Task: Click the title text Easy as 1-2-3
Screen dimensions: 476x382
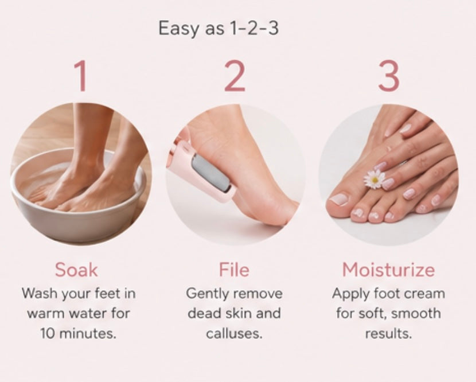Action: click(x=219, y=28)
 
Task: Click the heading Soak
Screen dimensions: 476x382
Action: click(x=76, y=270)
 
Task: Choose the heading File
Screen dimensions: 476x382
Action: click(x=234, y=270)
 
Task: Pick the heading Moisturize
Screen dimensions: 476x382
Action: click(x=389, y=270)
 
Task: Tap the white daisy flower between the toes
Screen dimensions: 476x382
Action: click(x=374, y=179)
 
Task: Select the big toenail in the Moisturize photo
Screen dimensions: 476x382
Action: click(x=339, y=199)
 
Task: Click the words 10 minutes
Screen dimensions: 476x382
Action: click(x=79, y=333)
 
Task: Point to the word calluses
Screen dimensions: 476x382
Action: click(x=234, y=333)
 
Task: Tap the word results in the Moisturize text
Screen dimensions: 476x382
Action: click(x=389, y=333)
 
